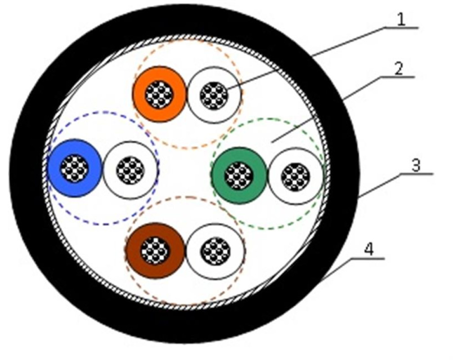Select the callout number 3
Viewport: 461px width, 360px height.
pos(416,166)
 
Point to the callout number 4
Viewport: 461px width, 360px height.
pos(369,250)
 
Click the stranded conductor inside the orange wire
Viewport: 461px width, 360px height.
pos(159,94)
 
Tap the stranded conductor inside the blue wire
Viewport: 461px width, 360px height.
pos(74,168)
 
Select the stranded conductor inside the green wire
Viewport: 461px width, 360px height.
pos(239,176)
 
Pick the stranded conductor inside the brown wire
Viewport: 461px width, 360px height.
pos(155,251)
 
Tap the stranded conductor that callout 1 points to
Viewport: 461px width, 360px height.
pos(214,95)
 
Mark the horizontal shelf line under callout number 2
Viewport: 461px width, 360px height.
pos(398,77)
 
